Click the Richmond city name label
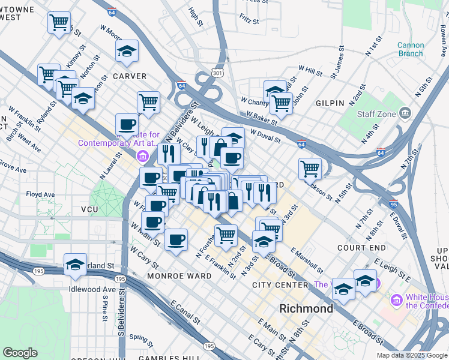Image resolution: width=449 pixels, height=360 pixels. click(x=306, y=308)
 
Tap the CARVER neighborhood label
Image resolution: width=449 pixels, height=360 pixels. click(x=130, y=76)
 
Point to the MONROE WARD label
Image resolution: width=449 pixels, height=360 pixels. click(x=179, y=275)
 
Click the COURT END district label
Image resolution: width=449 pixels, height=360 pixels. click(x=361, y=247)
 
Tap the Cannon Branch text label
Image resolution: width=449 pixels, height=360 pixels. click(x=411, y=49)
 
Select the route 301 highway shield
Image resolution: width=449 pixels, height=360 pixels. click(x=217, y=73)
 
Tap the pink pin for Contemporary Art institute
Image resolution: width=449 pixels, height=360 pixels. click(x=142, y=157)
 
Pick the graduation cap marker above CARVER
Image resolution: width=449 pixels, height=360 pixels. click(x=127, y=50)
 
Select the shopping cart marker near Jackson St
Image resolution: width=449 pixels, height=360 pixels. click(x=310, y=168)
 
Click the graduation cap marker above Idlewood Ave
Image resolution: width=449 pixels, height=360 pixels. click(x=76, y=264)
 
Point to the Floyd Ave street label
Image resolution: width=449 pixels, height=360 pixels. click(x=40, y=194)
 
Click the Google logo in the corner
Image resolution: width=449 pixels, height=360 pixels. click(x=20, y=352)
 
